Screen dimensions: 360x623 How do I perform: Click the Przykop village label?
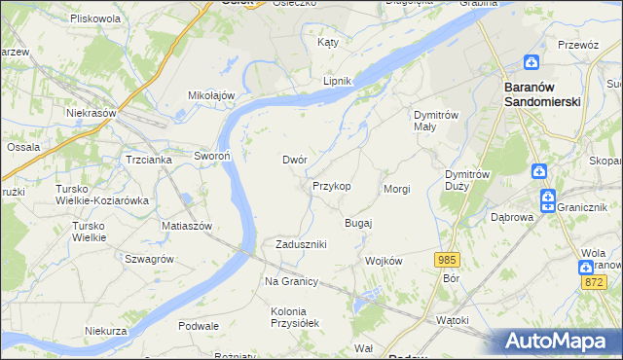[331, 186]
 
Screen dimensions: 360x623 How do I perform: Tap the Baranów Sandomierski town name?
[542, 93]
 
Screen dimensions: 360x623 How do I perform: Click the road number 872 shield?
[595, 281]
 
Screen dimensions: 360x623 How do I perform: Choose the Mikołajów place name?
[212, 95]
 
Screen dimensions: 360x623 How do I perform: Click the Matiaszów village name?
[187, 225]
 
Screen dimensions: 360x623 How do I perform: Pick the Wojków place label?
[383, 262]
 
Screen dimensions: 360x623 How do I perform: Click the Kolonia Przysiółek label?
[294, 317]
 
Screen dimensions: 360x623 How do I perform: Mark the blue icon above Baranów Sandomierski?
[531, 62]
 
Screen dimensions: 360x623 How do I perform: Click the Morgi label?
[396, 189]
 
